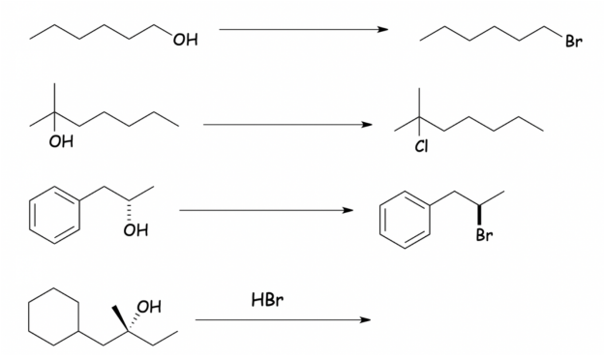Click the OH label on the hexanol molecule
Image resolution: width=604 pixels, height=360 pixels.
[x=185, y=40]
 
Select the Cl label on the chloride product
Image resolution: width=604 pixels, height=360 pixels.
[x=421, y=145]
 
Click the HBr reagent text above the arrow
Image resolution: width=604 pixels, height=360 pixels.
[x=267, y=301]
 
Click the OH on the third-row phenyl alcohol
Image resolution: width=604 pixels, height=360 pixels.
[x=136, y=230]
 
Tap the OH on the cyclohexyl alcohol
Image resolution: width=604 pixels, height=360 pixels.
[x=148, y=309]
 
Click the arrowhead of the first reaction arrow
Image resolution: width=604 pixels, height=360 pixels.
[x=383, y=29]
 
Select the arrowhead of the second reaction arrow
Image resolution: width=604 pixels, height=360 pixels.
[x=367, y=124]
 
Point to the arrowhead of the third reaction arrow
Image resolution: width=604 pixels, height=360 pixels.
[x=349, y=210]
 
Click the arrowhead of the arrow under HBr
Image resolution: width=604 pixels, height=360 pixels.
[x=365, y=319]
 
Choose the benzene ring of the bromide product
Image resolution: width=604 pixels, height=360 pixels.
[x=403, y=219]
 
